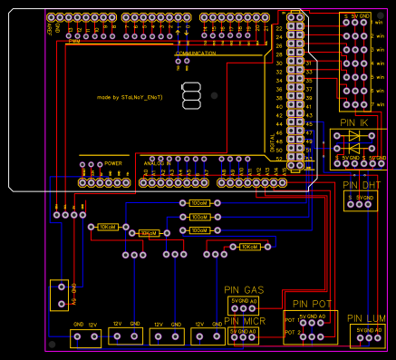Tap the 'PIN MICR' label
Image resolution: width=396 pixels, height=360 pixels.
245,321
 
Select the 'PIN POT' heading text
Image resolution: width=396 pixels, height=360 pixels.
312,303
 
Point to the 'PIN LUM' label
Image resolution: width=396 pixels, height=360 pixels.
367,318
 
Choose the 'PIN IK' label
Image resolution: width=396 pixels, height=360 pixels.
353,122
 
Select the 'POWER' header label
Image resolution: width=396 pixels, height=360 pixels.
113,163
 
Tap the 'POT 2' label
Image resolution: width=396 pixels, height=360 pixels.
291,332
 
